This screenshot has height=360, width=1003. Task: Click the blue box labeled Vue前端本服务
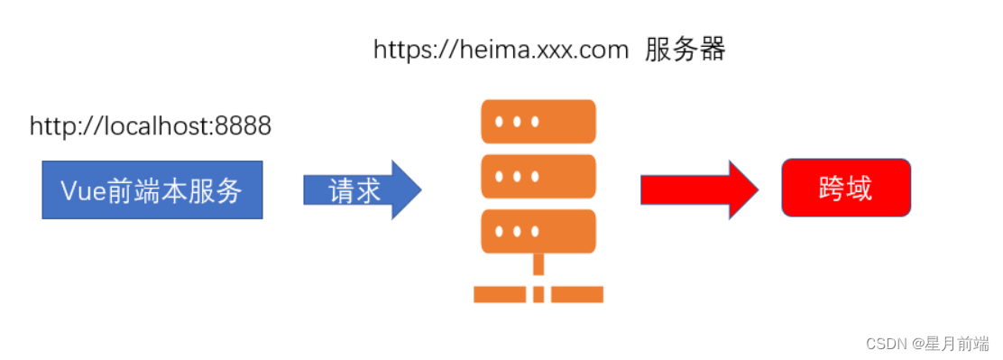152,190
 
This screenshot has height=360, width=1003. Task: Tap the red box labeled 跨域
845,189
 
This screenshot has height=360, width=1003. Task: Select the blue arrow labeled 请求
361,190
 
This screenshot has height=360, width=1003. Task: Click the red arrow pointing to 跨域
698,189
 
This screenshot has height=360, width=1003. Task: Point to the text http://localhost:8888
151,126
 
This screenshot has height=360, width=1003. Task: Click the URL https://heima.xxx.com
501,51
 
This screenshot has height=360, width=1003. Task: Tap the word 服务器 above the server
686,51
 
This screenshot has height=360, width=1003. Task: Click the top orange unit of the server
538,122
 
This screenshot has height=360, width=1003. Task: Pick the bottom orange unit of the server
538,231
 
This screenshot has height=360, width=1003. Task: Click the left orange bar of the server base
499,294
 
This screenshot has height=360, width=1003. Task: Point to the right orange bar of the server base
577,294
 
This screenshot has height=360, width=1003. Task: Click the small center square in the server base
538,294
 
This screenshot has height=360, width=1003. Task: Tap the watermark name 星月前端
959,344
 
